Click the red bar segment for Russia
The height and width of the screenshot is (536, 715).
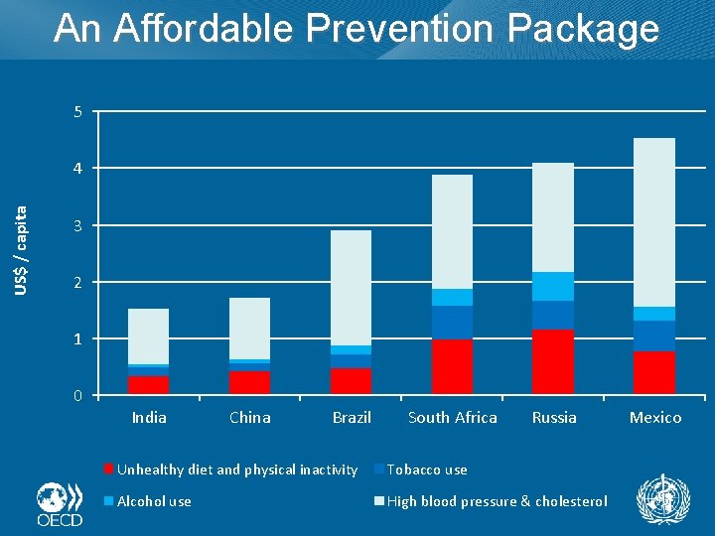point(553,361)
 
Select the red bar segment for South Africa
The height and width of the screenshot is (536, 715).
point(452,366)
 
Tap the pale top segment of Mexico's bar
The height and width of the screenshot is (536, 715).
point(654,222)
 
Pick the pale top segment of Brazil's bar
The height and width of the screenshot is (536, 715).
point(351,288)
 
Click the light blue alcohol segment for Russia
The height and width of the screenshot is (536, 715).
point(553,286)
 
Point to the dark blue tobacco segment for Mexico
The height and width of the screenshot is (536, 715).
point(654,335)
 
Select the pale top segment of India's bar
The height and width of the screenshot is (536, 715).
point(148,335)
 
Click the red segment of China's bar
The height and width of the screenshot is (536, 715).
point(249,382)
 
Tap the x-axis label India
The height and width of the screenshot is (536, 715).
point(149,417)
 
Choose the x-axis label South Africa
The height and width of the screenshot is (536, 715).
point(453,417)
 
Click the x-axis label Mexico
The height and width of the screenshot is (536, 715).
point(655,417)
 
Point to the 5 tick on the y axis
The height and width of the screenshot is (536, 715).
point(77,111)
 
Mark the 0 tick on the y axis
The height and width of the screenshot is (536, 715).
point(77,396)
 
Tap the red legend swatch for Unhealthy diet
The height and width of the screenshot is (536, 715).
point(109,469)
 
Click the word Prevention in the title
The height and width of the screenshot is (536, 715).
point(399,29)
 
